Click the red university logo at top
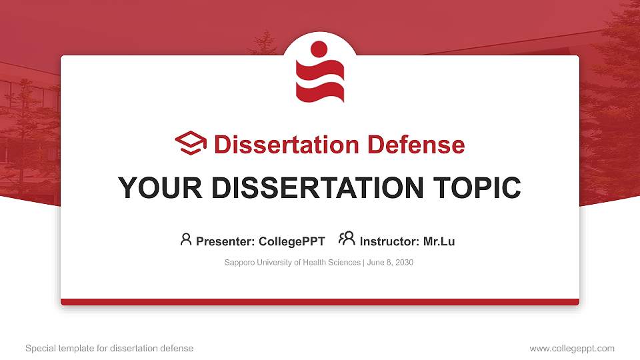pyautogui.click(x=320, y=73)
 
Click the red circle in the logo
pyautogui.click(x=319, y=49)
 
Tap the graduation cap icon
pyautogui.click(x=191, y=144)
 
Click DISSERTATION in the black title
pyautogui.click(x=317, y=188)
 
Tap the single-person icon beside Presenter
pyautogui.click(x=186, y=239)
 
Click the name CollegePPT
pyautogui.click(x=292, y=241)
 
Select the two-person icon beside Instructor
pyautogui.click(x=347, y=239)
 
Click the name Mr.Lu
pyautogui.click(x=439, y=241)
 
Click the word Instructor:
pyautogui.click(x=389, y=241)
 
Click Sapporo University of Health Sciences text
pyautogui.click(x=293, y=263)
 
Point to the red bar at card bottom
pyautogui.click(x=320, y=302)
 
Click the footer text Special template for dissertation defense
pyautogui.click(x=109, y=348)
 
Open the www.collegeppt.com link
pyautogui.click(x=572, y=348)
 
